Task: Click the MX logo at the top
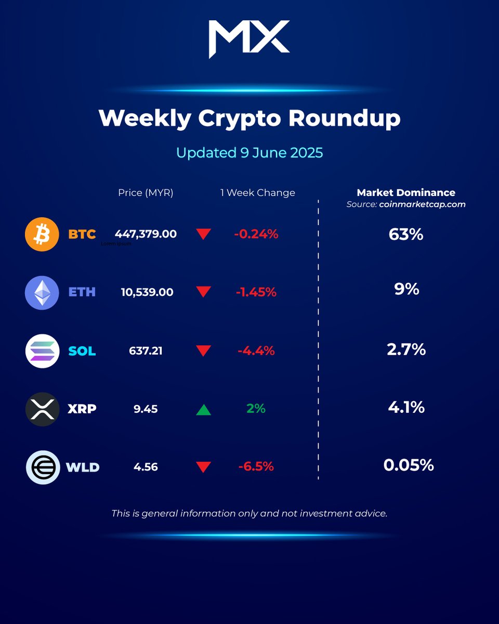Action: (249, 39)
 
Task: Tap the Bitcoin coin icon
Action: (42, 234)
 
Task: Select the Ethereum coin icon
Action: (42, 292)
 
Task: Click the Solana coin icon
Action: (42, 351)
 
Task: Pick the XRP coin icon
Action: (42, 409)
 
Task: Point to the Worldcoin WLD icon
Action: (42, 467)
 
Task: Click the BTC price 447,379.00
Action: (146, 234)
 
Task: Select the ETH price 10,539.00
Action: (147, 292)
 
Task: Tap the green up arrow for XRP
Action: (203, 410)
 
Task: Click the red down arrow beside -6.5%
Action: (203, 467)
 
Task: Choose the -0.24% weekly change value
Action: (256, 234)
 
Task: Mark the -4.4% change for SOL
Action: (256, 351)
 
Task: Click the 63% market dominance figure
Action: (406, 235)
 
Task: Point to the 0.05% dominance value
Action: (409, 465)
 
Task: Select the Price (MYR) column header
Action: (146, 193)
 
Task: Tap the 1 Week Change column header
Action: (257, 193)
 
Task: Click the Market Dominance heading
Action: (406, 192)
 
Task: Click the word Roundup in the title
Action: (345, 119)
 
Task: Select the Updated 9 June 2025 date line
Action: (249, 153)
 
